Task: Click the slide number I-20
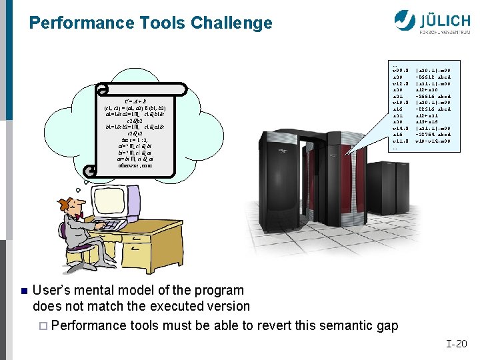[x=457, y=344]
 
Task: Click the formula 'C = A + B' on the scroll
[x=140, y=101]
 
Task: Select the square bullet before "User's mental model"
[x=22, y=291]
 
